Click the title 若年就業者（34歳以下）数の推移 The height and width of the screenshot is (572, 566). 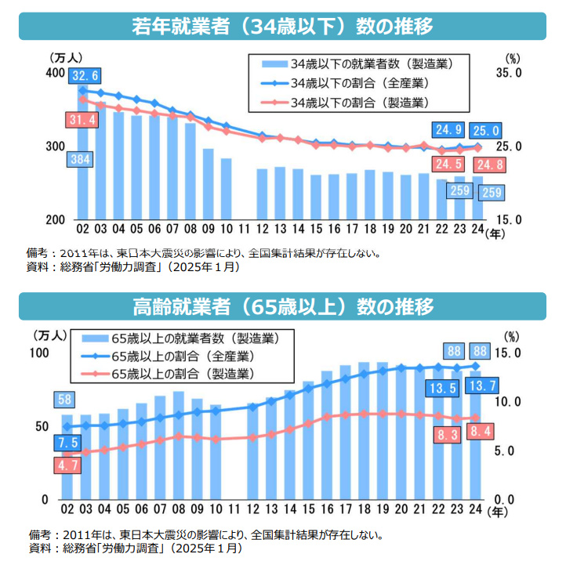click(282, 25)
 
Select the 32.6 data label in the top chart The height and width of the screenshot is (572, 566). click(85, 76)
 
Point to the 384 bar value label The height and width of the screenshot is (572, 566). click(82, 159)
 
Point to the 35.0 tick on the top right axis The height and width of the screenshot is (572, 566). click(511, 73)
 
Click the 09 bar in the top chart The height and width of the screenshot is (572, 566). click(208, 183)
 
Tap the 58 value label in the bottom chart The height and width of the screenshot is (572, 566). click(66, 400)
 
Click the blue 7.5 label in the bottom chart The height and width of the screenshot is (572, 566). click(66, 443)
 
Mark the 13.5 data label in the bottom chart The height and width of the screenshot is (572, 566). click(444, 387)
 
